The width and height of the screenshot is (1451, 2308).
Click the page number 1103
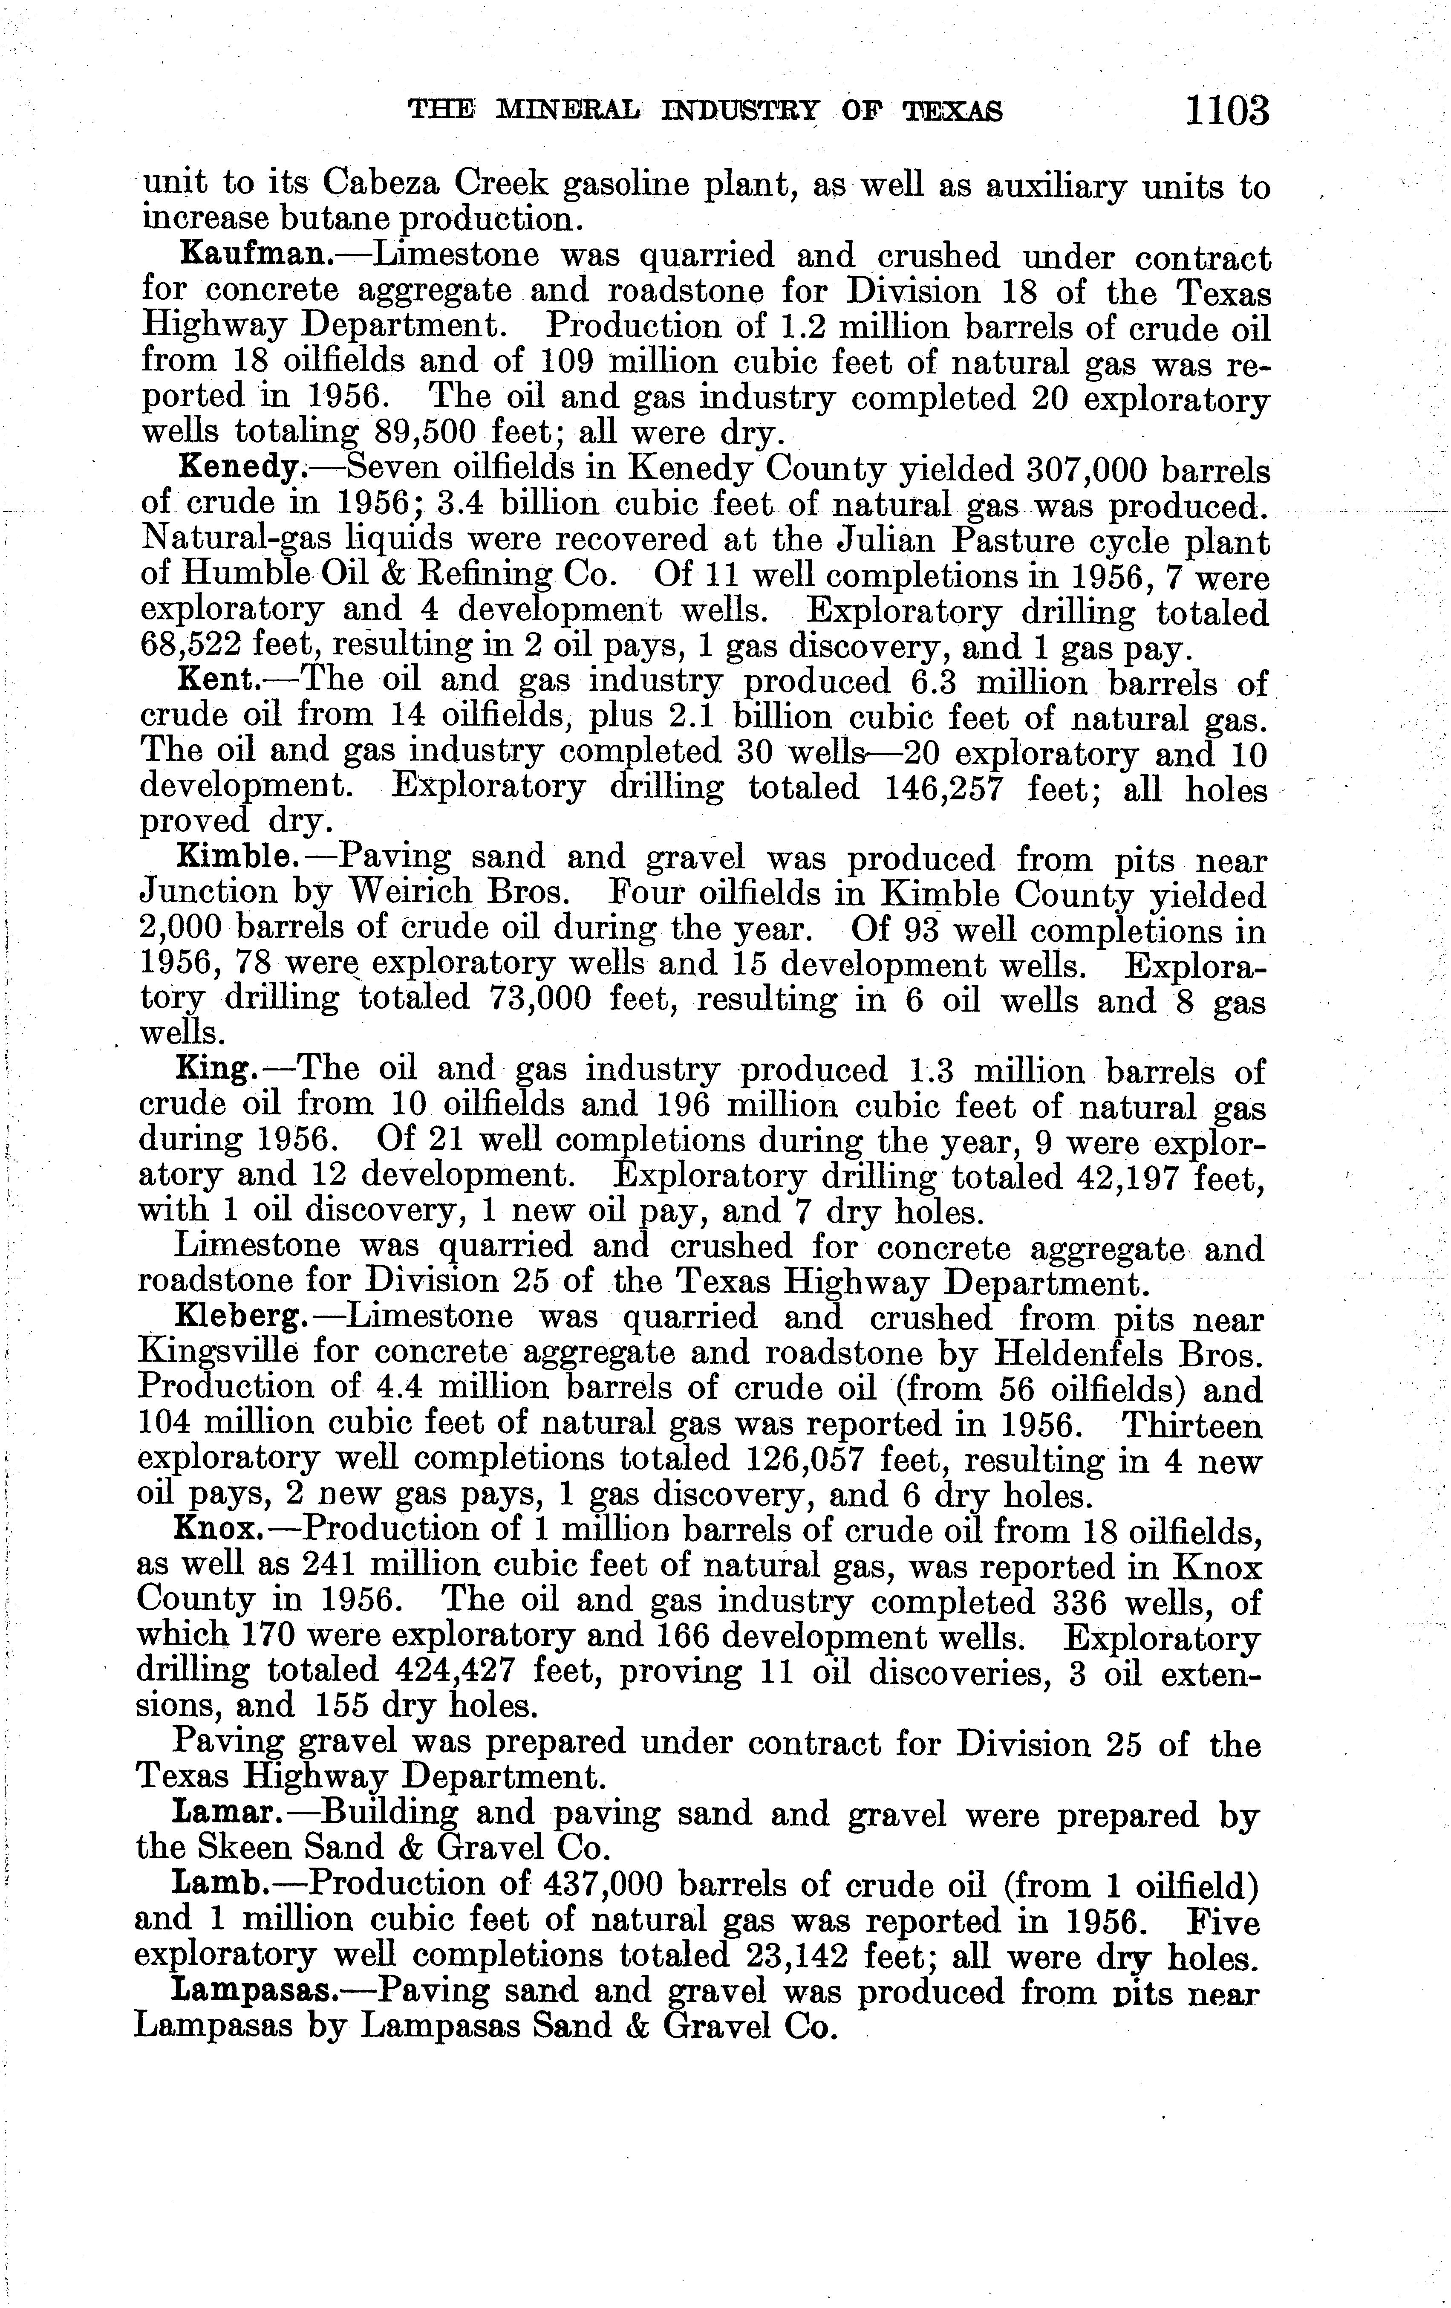pyautogui.click(x=1227, y=111)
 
